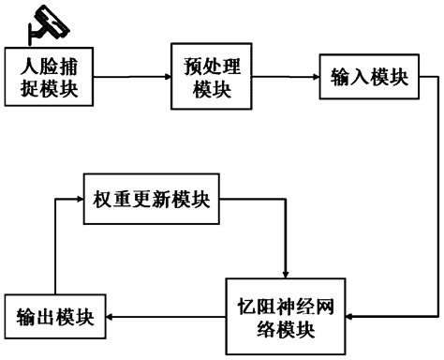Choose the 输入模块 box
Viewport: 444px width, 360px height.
(x=369, y=78)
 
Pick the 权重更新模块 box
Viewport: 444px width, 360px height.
(x=151, y=199)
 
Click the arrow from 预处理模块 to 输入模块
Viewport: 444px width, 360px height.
(x=287, y=79)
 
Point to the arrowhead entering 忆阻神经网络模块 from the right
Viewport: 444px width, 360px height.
(x=351, y=318)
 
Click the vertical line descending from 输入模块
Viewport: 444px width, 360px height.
(x=438, y=197)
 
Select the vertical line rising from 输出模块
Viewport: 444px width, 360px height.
(x=54, y=248)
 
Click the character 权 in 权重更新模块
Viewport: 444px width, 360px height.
(x=103, y=199)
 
